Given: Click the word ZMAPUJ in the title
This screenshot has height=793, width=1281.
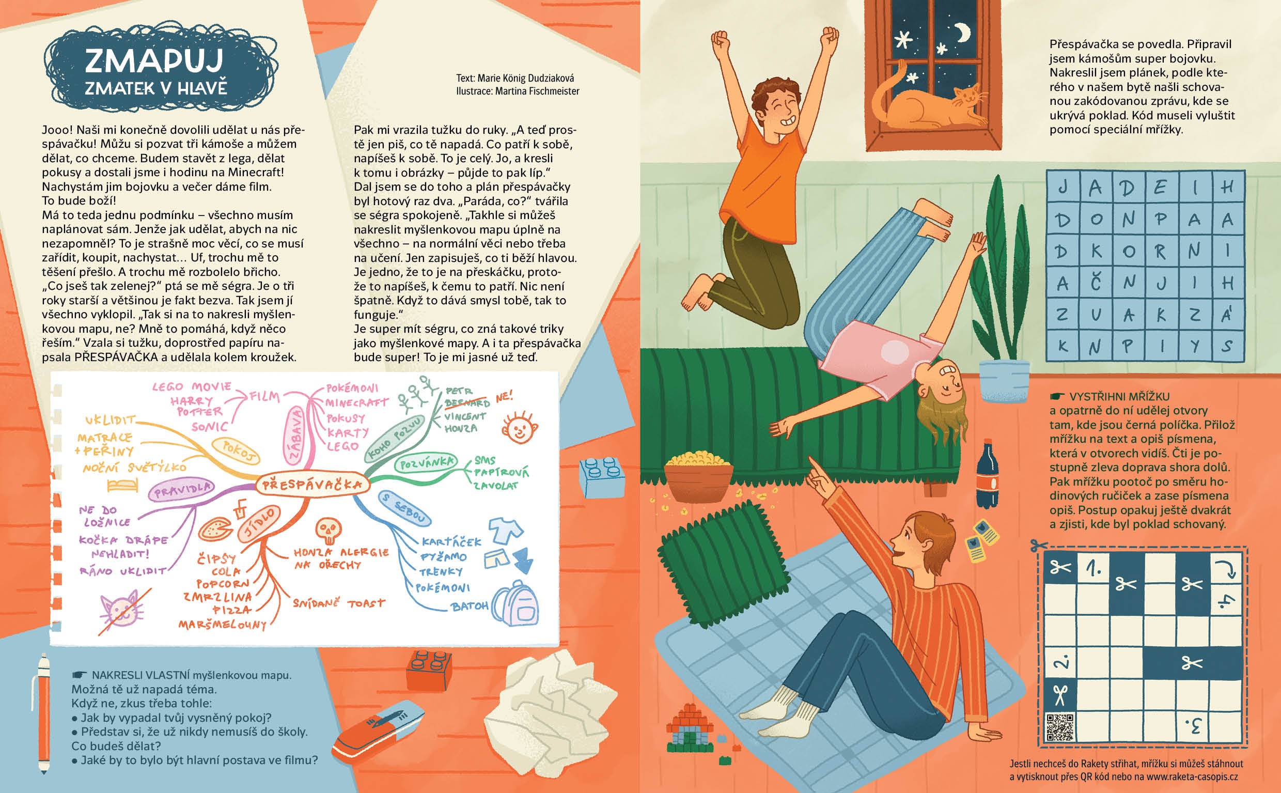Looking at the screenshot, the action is click(153, 60).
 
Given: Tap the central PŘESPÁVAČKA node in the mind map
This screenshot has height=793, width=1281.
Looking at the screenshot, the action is click(312, 484).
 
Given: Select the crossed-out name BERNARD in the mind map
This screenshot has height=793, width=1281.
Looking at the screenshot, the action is click(466, 403).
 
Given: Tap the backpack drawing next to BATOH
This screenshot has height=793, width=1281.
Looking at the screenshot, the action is click(516, 603).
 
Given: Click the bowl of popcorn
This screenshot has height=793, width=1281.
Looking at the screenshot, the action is click(698, 477).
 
